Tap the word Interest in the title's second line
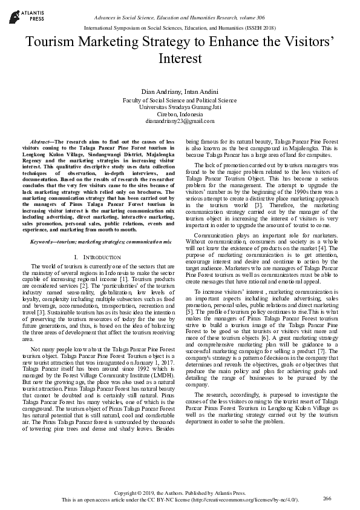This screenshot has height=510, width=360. [180, 59]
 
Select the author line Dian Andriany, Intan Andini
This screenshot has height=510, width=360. [180, 90]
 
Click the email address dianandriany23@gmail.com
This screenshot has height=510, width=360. [180, 121]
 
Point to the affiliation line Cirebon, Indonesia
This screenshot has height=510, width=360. [180, 114]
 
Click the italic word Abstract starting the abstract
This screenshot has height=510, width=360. [41, 141]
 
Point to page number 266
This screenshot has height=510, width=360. [327, 498]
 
